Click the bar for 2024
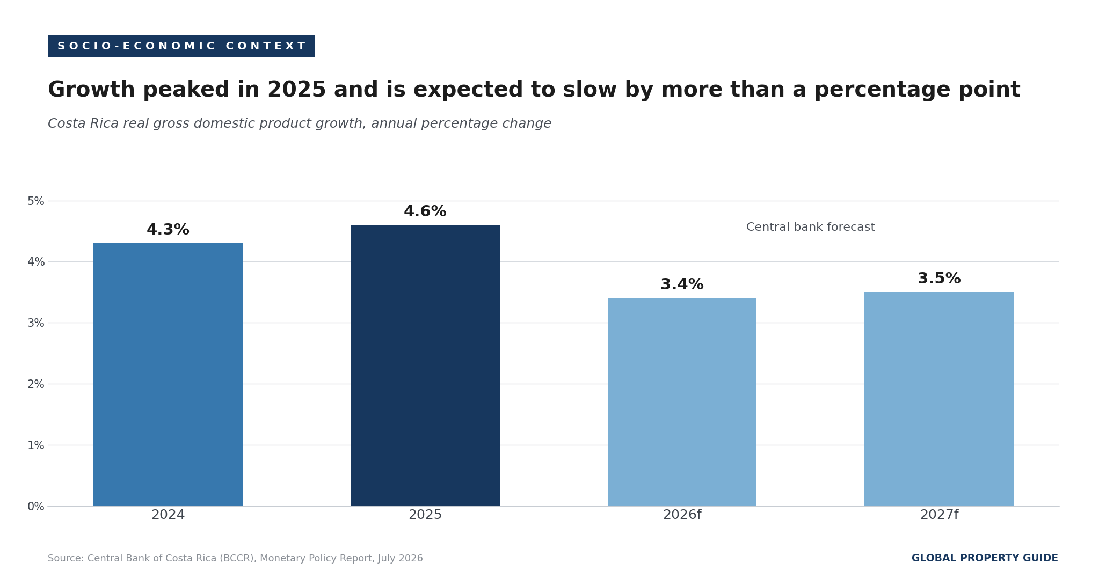tap(168, 375)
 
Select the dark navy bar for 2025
tap(425, 365)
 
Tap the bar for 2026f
tap(682, 402)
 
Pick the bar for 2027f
tap(939, 399)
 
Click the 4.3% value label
tap(168, 230)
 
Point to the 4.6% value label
tap(425, 211)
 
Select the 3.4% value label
tap(682, 284)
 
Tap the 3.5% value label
tap(939, 279)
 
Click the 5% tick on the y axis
tap(36, 201)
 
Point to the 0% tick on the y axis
tap(36, 506)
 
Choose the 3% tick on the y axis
tap(36, 323)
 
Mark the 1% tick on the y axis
tap(36, 445)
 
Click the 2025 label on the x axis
tap(425, 515)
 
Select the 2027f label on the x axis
tap(939, 515)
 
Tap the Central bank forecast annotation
tap(811, 228)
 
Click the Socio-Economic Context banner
tap(181, 46)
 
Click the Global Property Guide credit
tap(985, 558)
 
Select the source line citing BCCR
tap(235, 559)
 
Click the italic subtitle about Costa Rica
tap(300, 124)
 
